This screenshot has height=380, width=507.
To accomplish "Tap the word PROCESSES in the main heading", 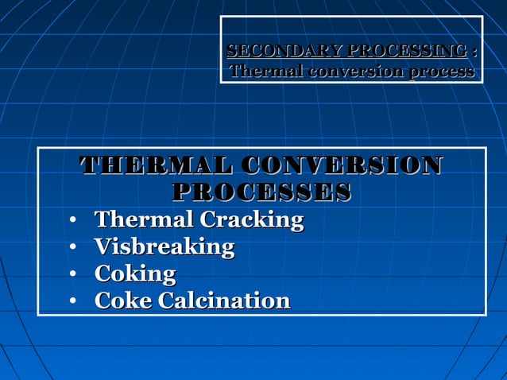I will coord(261,192).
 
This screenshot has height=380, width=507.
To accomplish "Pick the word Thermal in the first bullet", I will coord(144,220).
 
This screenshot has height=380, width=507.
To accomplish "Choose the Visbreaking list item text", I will coord(164,247).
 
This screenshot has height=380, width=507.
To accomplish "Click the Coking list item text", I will coord(135,274).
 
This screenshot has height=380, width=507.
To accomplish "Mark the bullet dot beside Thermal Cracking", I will coord(72,221).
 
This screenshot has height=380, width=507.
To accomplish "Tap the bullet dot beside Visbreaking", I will coord(72,248).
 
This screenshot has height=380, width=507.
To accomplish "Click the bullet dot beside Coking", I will coord(72,275).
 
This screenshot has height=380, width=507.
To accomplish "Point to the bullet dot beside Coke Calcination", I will coord(72,302).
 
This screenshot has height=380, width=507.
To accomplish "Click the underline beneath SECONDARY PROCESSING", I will coord(347,59).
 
